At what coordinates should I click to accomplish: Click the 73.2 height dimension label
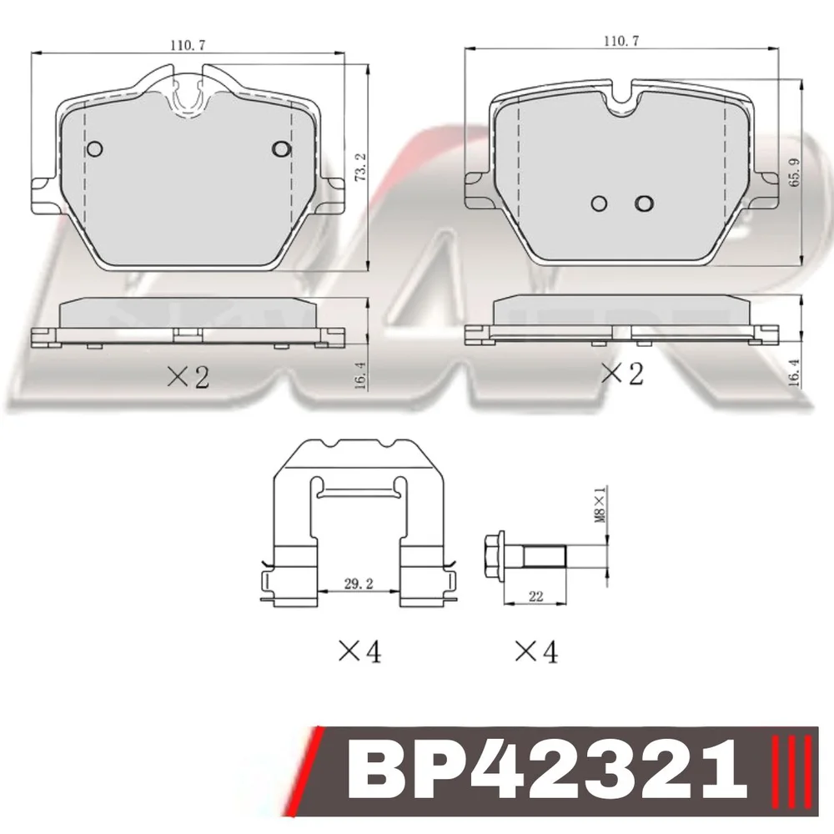pyautogui.click(x=360, y=168)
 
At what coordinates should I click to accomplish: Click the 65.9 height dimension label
pyautogui.click(x=795, y=172)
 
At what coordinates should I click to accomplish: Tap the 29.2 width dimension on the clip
pyautogui.click(x=359, y=584)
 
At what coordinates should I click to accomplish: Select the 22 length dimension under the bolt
pyautogui.click(x=535, y=597)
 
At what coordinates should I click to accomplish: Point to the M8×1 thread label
pyautogui.click(x=600, y=503)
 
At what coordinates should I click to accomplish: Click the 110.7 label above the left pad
pyautogui.click(x=188, y=45)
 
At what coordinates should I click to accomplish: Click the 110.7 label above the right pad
pyautogui.click(x=621, y=40)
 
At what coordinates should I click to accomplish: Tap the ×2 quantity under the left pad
pyautogui.click(x=188, y=377)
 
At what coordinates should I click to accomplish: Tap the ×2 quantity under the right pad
pyautogui.click(x=622, y=374)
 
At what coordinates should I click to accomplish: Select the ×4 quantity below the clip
pyautogui.click(x=360, y=651)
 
